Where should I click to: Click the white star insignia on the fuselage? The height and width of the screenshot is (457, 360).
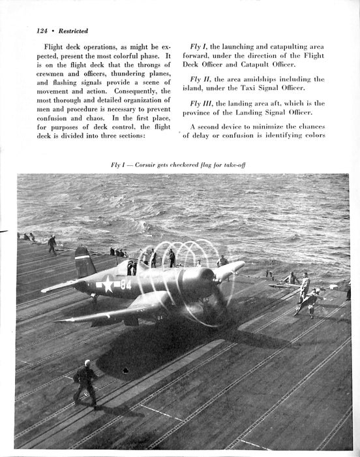click(x=108, y=284)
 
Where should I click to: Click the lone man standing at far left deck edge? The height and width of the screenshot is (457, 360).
click(x=52, y=244)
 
